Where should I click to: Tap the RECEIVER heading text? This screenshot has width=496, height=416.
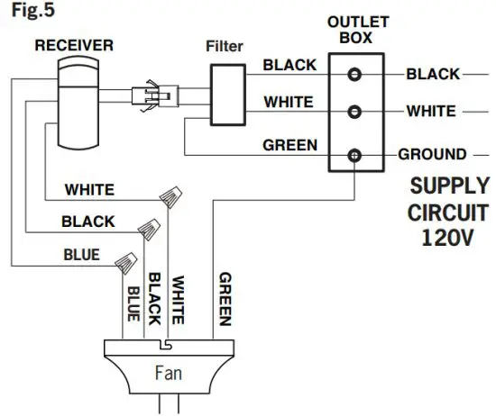click(x=73, y=44)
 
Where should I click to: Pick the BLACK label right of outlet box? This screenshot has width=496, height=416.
click(x=433, y=74)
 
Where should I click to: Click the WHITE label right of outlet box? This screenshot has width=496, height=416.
click(x=432, y=113)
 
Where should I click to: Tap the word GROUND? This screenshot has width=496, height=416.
click(x=432, y=154)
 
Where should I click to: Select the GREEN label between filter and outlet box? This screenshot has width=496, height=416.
click(x=289, y=144)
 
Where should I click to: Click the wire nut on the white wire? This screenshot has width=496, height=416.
click(x=169, y=196)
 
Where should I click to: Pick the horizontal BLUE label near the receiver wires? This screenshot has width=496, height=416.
click(x=81, y=255)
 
